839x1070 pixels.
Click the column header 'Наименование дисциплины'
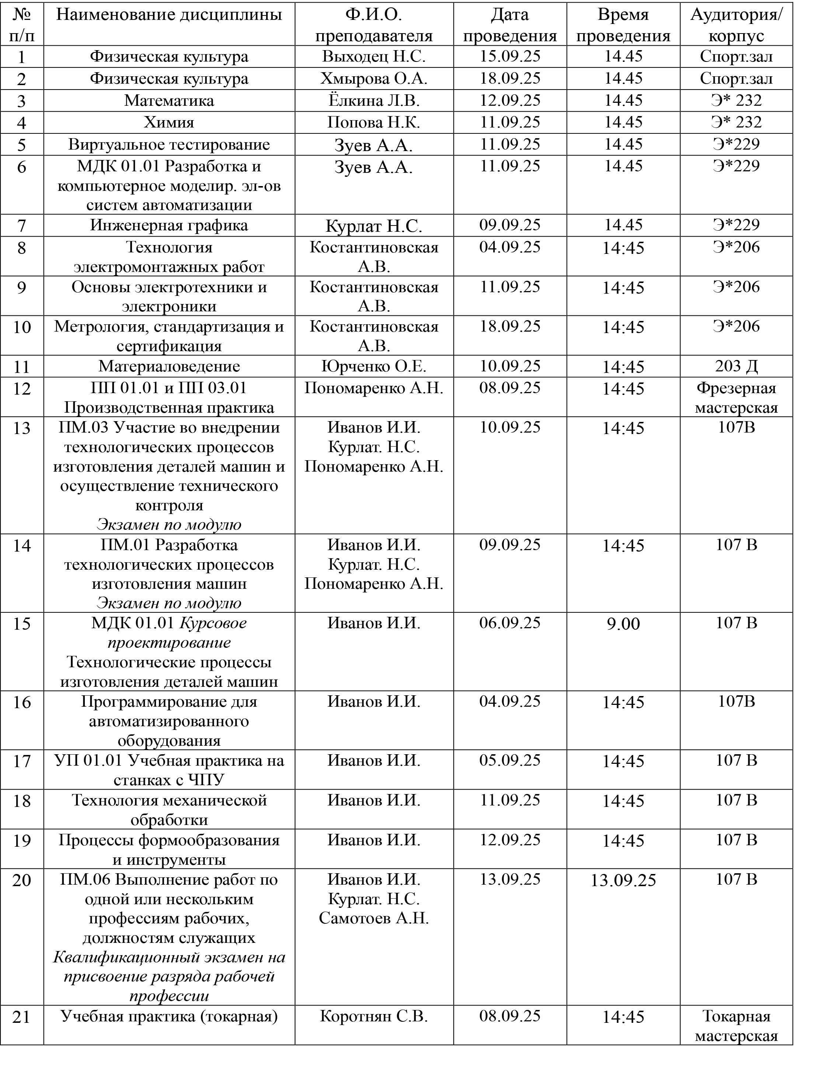169,15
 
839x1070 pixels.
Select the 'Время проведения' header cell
623,25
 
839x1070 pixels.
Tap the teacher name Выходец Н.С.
373,56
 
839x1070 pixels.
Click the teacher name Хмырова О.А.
373,78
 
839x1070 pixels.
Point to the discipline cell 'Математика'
169,101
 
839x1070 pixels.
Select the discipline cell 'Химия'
169,122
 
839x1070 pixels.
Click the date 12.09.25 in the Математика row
509,101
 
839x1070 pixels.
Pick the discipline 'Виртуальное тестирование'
169,144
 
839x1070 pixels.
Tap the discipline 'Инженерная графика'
169,225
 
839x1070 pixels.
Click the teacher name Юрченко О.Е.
373,366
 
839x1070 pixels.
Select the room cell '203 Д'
736,366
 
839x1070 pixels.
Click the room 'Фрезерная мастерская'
736,398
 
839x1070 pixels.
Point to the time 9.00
623,624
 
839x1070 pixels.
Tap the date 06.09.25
509,623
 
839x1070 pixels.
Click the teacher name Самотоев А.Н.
373,918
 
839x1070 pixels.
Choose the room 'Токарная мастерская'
736,1026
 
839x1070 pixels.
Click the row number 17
22,762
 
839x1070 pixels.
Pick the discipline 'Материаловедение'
169,366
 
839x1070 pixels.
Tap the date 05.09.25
509,760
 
